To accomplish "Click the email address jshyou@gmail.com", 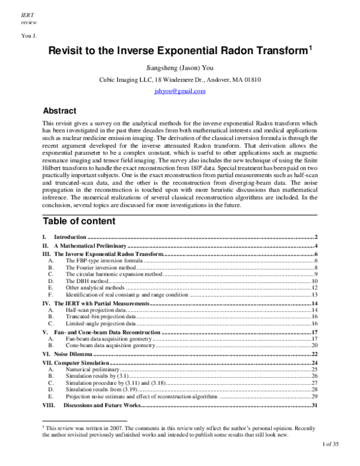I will (179, 91).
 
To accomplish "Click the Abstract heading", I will (60, 111).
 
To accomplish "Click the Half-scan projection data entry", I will (96, 309).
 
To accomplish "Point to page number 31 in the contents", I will (314, 406).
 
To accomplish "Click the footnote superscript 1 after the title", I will (310, 49).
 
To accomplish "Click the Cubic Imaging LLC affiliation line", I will (179, 80).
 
